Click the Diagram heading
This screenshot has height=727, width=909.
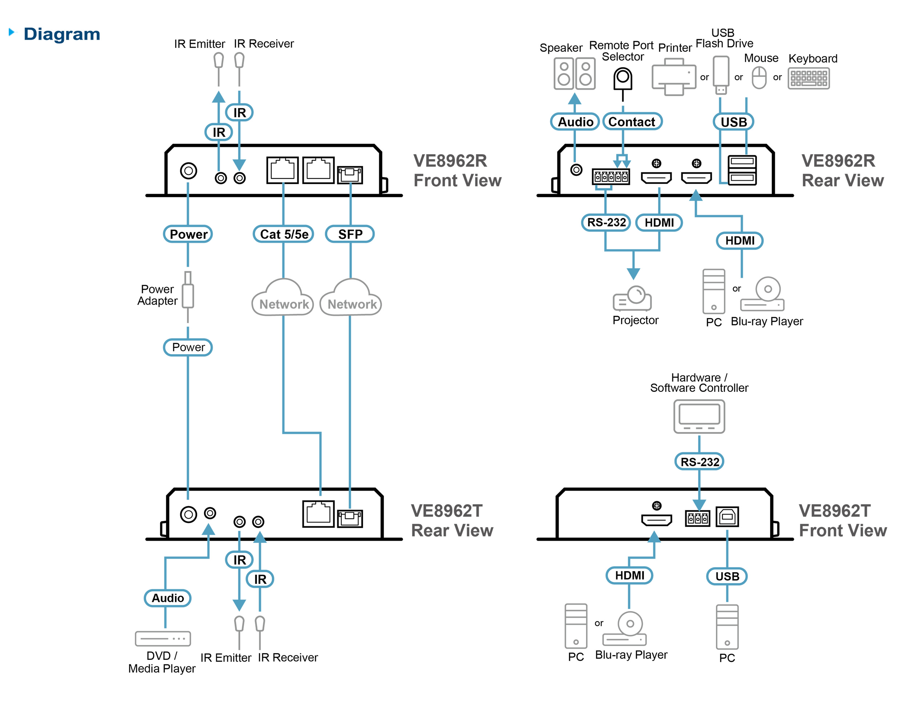(61, 35)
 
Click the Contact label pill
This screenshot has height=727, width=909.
(632, 122)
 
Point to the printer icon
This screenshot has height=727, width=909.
(674, 77)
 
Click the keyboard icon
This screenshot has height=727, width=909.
(809, 79)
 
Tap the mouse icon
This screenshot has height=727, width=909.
(759, 78)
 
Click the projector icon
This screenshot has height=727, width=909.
(632, 298)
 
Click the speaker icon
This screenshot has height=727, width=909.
(574, 74)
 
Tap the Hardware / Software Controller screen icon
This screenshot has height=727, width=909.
(699, 417)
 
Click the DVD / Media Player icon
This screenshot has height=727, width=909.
(163, 639)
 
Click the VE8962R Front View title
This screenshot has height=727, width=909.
(457, 171)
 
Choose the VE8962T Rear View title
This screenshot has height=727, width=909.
(452, 521)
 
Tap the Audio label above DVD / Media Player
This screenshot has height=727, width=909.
(168, 598)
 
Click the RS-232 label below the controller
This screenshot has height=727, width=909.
(700, 462)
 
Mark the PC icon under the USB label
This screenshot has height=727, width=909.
(727, 627)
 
